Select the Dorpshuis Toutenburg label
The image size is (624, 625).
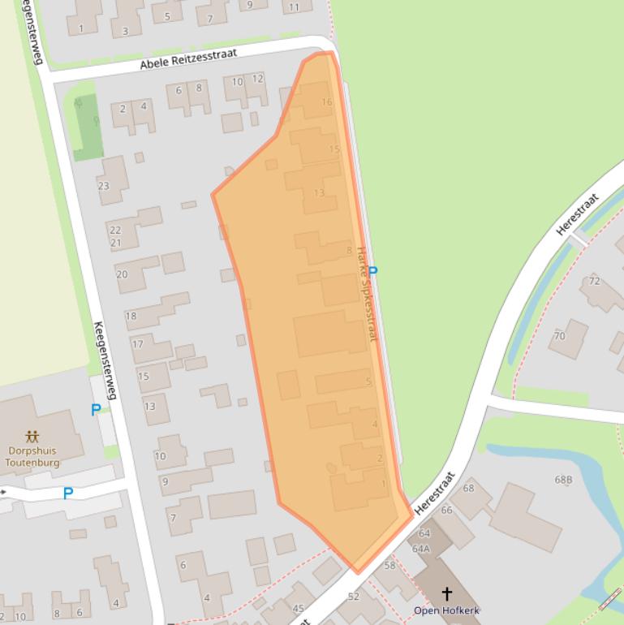click(x=32, y=457)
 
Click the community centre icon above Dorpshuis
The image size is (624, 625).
click(x=32, y=437)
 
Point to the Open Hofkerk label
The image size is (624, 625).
click(x=446, y=610)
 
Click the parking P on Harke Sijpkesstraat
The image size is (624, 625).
click(x=372, y=272)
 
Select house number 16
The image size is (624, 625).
click(x=327, y=102)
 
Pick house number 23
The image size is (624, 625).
click(x=104, y=186)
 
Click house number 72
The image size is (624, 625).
click(x=595, y=281)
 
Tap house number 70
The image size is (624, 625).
click(x=559, y=336)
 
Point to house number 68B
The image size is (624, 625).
click(x=563, y=480)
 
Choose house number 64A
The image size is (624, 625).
click(x=421, y=549)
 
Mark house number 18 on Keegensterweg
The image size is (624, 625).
click(x=131, y=316)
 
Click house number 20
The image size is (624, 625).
click(x=122, y=274)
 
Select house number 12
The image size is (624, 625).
click(x=257, y=79)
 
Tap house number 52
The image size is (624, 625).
click(x=353, y=597)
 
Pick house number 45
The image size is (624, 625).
click(x=298, y=609)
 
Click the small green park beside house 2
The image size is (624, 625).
click(x=86, y=126)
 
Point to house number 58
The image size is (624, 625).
click(x=389, y=566)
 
